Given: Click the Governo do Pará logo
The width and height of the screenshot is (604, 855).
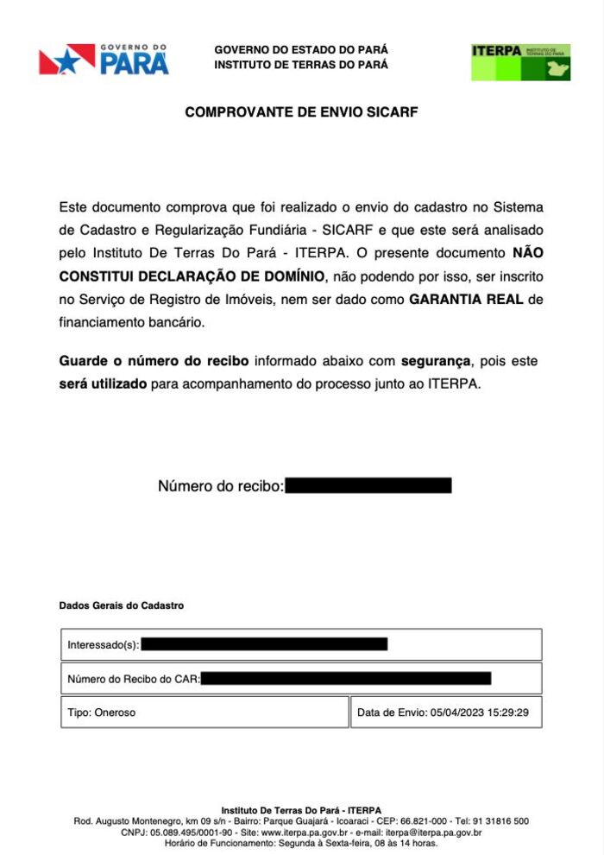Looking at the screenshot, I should pyautogui.click(x=104, y=60).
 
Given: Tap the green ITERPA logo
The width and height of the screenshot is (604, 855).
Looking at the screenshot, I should pyautogui.click(x=520, y=62).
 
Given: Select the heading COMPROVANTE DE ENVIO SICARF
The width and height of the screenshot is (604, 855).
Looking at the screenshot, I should pyautogui.click(x=301, y=112).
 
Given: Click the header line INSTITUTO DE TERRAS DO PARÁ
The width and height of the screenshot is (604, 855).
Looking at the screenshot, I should pyautogui.click(x=301, y=65).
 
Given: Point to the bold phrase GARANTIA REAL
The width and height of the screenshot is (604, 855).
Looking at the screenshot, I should pyautogui.click(x=466, y=300).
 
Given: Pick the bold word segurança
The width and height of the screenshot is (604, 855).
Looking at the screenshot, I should pyautogui.click(x=436, y=360).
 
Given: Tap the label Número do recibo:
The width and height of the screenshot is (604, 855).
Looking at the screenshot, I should pyautogui.click(x=221, y=486).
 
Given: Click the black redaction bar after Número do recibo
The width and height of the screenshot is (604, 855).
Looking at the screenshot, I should pyautogui.click(x=368, y=485).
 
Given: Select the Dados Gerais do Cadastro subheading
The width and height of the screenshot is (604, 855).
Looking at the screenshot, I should pyautogui.click(x=122, y=606).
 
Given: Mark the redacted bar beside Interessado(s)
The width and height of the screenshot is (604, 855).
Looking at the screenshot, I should pyautogui.click(x=264, y=643).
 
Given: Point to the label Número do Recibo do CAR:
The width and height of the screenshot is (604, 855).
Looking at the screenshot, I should pyautogui.click(x=134, y=679).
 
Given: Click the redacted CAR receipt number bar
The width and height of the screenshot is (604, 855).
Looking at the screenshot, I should pyautogui.click(x=346, y=678).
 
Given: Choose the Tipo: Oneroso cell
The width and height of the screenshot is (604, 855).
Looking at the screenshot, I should pyautogui.click(x=102, y=712).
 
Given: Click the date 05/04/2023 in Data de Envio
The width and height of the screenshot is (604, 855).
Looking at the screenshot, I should pyautogui.click(x=457, y=712).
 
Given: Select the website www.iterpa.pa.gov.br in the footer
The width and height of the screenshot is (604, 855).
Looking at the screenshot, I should pyautogui.click(x=309, y=833).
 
